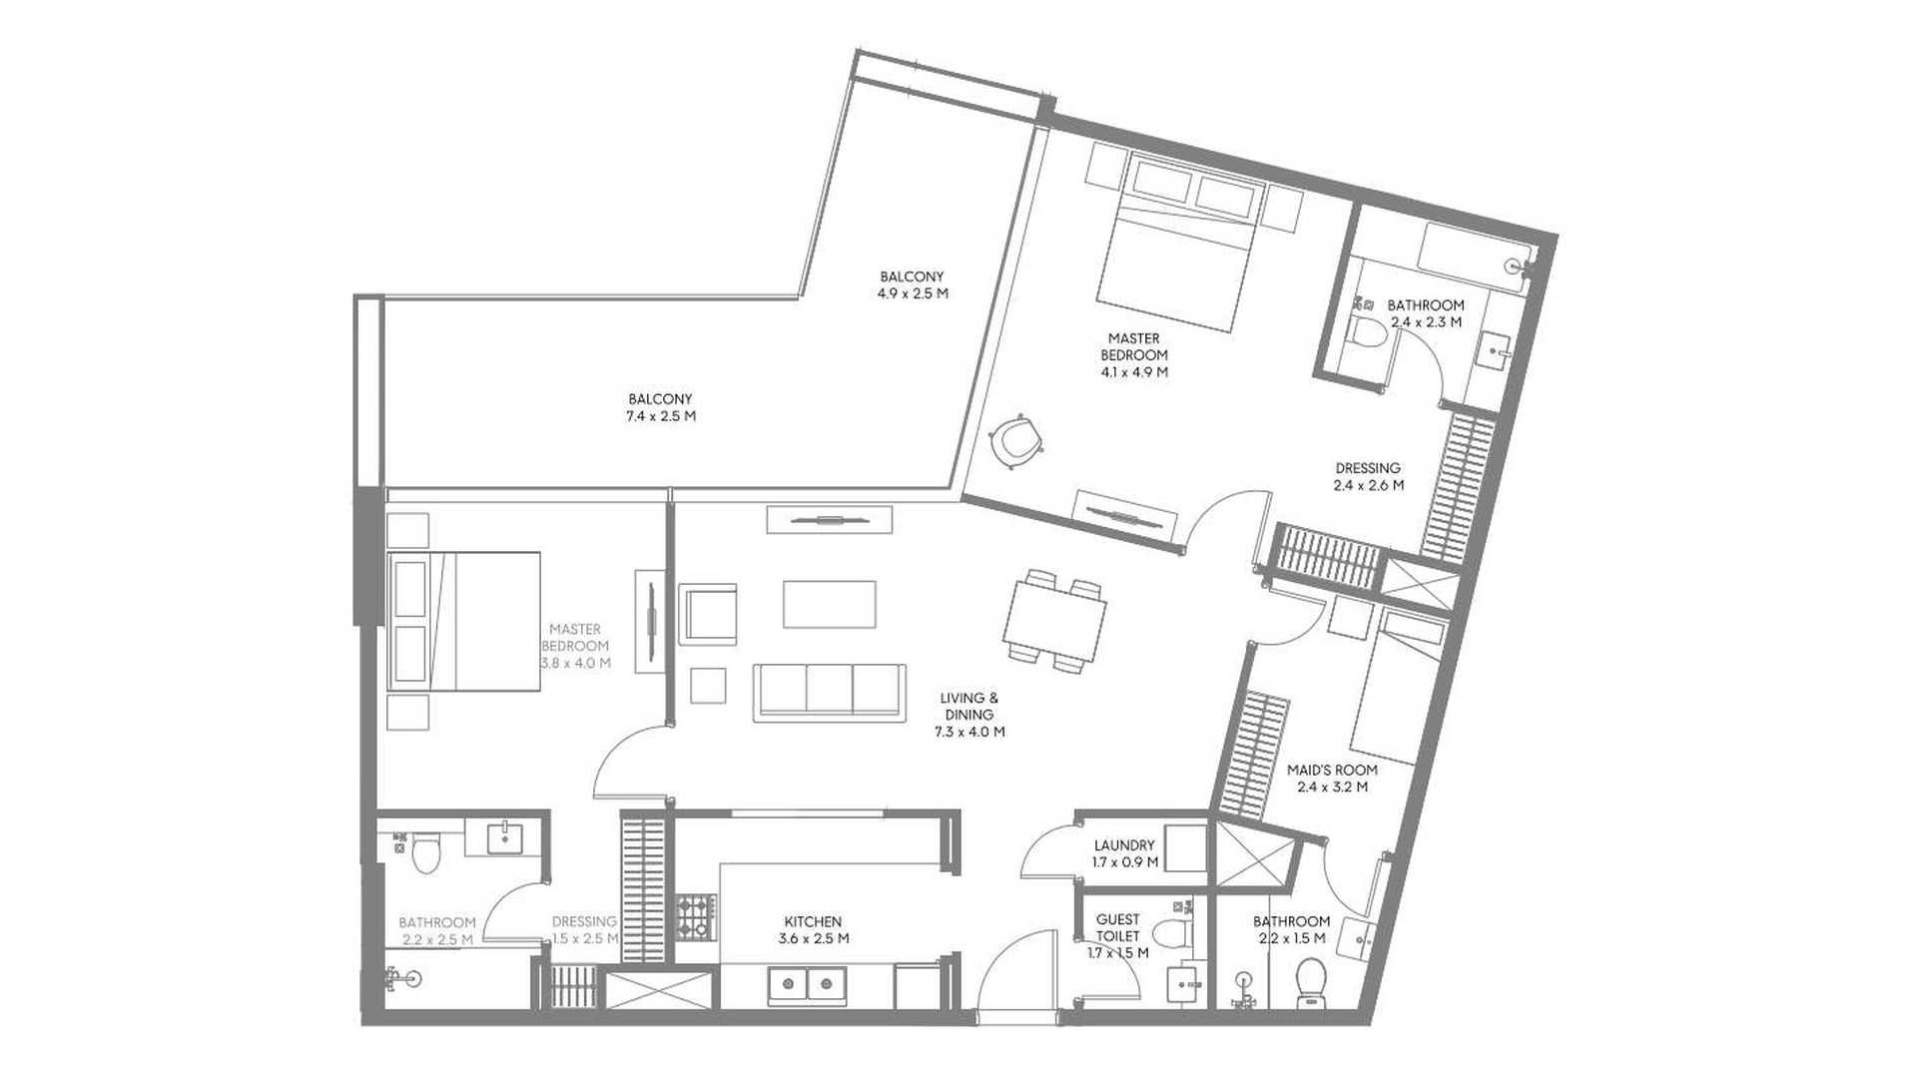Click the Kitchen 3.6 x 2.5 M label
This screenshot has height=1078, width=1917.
[813, 930]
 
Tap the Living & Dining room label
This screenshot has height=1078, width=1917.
[969, 715]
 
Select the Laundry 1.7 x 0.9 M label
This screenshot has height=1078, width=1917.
[1124, 853]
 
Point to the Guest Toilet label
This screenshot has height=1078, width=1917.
[1118, 936]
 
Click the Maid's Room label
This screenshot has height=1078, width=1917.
[1332, 779]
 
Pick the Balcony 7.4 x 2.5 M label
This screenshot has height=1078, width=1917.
[660, 407]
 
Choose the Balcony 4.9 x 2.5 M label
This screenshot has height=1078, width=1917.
[912, 284]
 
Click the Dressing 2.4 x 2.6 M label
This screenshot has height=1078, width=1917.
[1368, 476]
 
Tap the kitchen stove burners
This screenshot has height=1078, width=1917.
[696, 915]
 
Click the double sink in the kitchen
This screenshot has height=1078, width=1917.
[807, 985]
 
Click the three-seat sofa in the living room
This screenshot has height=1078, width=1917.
[831, 690]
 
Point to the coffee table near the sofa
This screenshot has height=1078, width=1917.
[830, 604]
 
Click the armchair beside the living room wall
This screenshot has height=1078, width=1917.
[708, 614]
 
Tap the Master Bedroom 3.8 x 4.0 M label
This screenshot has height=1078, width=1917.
[575, 646]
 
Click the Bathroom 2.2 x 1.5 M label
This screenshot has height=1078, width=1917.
[1291, 929]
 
